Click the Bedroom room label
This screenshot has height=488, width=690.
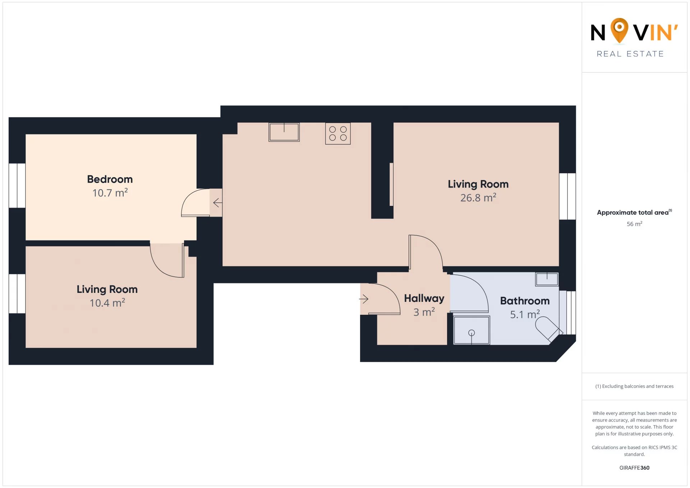[x=110, y=179]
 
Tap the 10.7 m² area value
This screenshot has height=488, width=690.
[x=110, y=193]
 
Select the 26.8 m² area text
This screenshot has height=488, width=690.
[x=478, y=197]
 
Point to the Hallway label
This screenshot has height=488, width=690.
[x=424, y=298]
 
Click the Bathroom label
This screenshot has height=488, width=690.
[x=525, y=301]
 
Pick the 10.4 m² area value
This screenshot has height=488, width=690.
[x=107, y=303]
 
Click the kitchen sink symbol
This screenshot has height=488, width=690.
[x=284, y=132]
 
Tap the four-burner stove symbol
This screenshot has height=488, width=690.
[x=338, y=133]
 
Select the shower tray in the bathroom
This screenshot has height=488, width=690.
[x=471, y=330]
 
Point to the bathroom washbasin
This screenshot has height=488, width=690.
[x=547, y=279]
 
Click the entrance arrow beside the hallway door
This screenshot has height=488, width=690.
[x=364, y=299]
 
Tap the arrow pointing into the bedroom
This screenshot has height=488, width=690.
[x=217, y=203]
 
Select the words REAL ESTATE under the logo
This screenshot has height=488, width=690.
[x=630, y=54]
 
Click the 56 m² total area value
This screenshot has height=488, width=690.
[x=634, y=224]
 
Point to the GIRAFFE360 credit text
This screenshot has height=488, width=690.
[x=634, y=468]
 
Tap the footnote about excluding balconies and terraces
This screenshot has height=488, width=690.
[x=634, y=386]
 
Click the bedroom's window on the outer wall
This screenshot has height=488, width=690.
[x=17, y=186]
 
